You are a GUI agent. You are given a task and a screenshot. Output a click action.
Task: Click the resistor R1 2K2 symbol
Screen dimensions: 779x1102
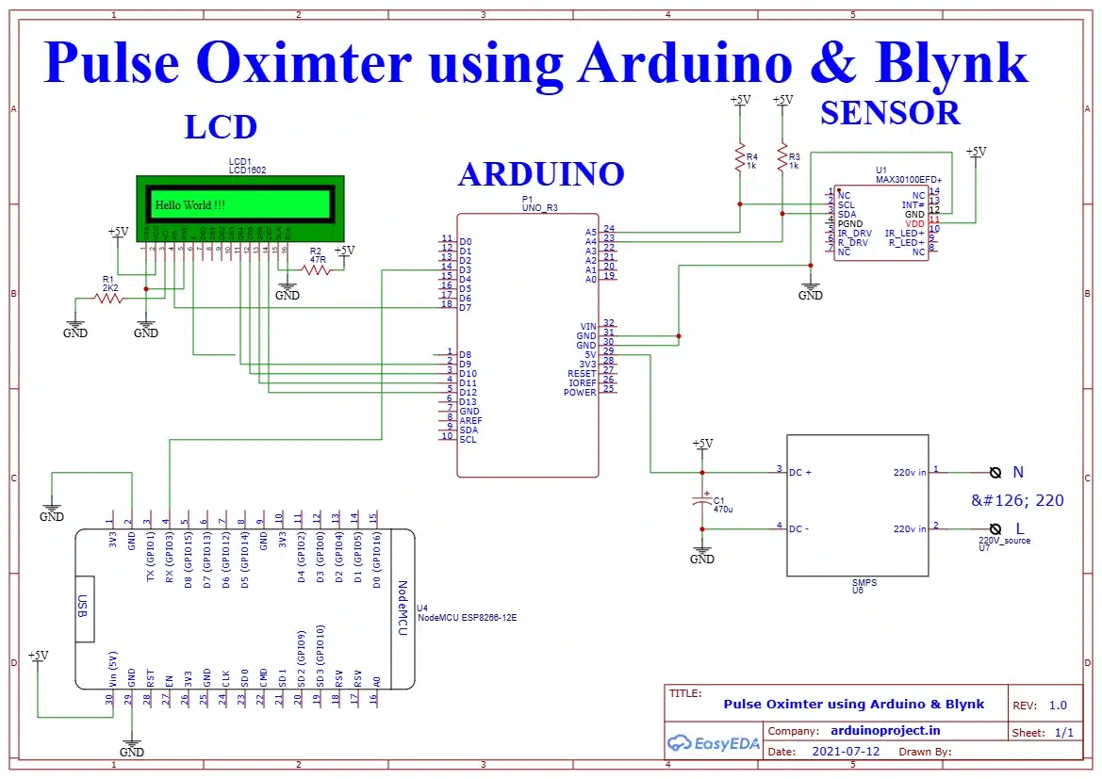[108, 298]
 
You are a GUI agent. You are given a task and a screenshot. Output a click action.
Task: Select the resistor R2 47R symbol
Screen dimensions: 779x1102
[317, 269]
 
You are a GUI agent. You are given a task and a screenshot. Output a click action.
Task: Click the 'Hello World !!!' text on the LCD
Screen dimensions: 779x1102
[189, 204]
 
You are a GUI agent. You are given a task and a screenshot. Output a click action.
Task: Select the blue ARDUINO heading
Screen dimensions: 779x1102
[541, 173]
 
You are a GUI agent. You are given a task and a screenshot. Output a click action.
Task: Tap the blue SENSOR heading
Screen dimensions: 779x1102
[889, 113]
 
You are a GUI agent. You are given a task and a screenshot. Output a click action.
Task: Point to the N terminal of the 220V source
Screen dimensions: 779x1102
[995, 472]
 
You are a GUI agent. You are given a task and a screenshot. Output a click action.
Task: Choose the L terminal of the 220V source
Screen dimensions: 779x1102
[995, 529]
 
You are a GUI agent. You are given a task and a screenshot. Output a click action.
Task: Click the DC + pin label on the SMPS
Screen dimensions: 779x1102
[800, 472]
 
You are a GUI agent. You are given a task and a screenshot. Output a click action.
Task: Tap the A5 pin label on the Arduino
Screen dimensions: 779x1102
[591, 232]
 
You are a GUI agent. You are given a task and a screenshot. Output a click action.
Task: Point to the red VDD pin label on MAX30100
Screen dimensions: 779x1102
[914, 223]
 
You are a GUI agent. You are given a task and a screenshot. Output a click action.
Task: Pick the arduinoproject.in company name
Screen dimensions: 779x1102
[885, 730]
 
